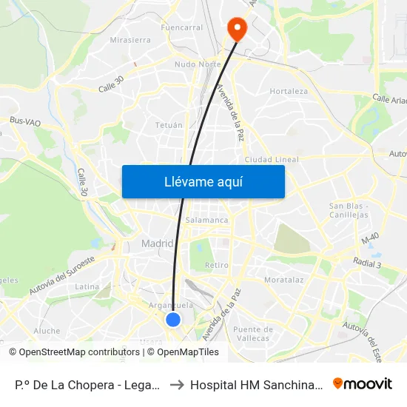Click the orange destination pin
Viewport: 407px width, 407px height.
click(237, 29)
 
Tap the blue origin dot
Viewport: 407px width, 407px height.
click(173, 319)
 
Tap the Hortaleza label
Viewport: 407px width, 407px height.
click(289, 92)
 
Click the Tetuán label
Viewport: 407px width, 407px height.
click(169, 125)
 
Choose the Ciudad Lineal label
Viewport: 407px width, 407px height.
click(272, 159)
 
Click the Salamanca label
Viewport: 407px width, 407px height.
click(207, 220)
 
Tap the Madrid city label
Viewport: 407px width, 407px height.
click(157, 243)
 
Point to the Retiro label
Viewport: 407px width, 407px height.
click(217, 264)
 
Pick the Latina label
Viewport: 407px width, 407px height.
click(87, 286)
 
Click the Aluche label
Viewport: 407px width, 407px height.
click(47, 331)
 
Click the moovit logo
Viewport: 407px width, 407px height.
click(363, 384)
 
